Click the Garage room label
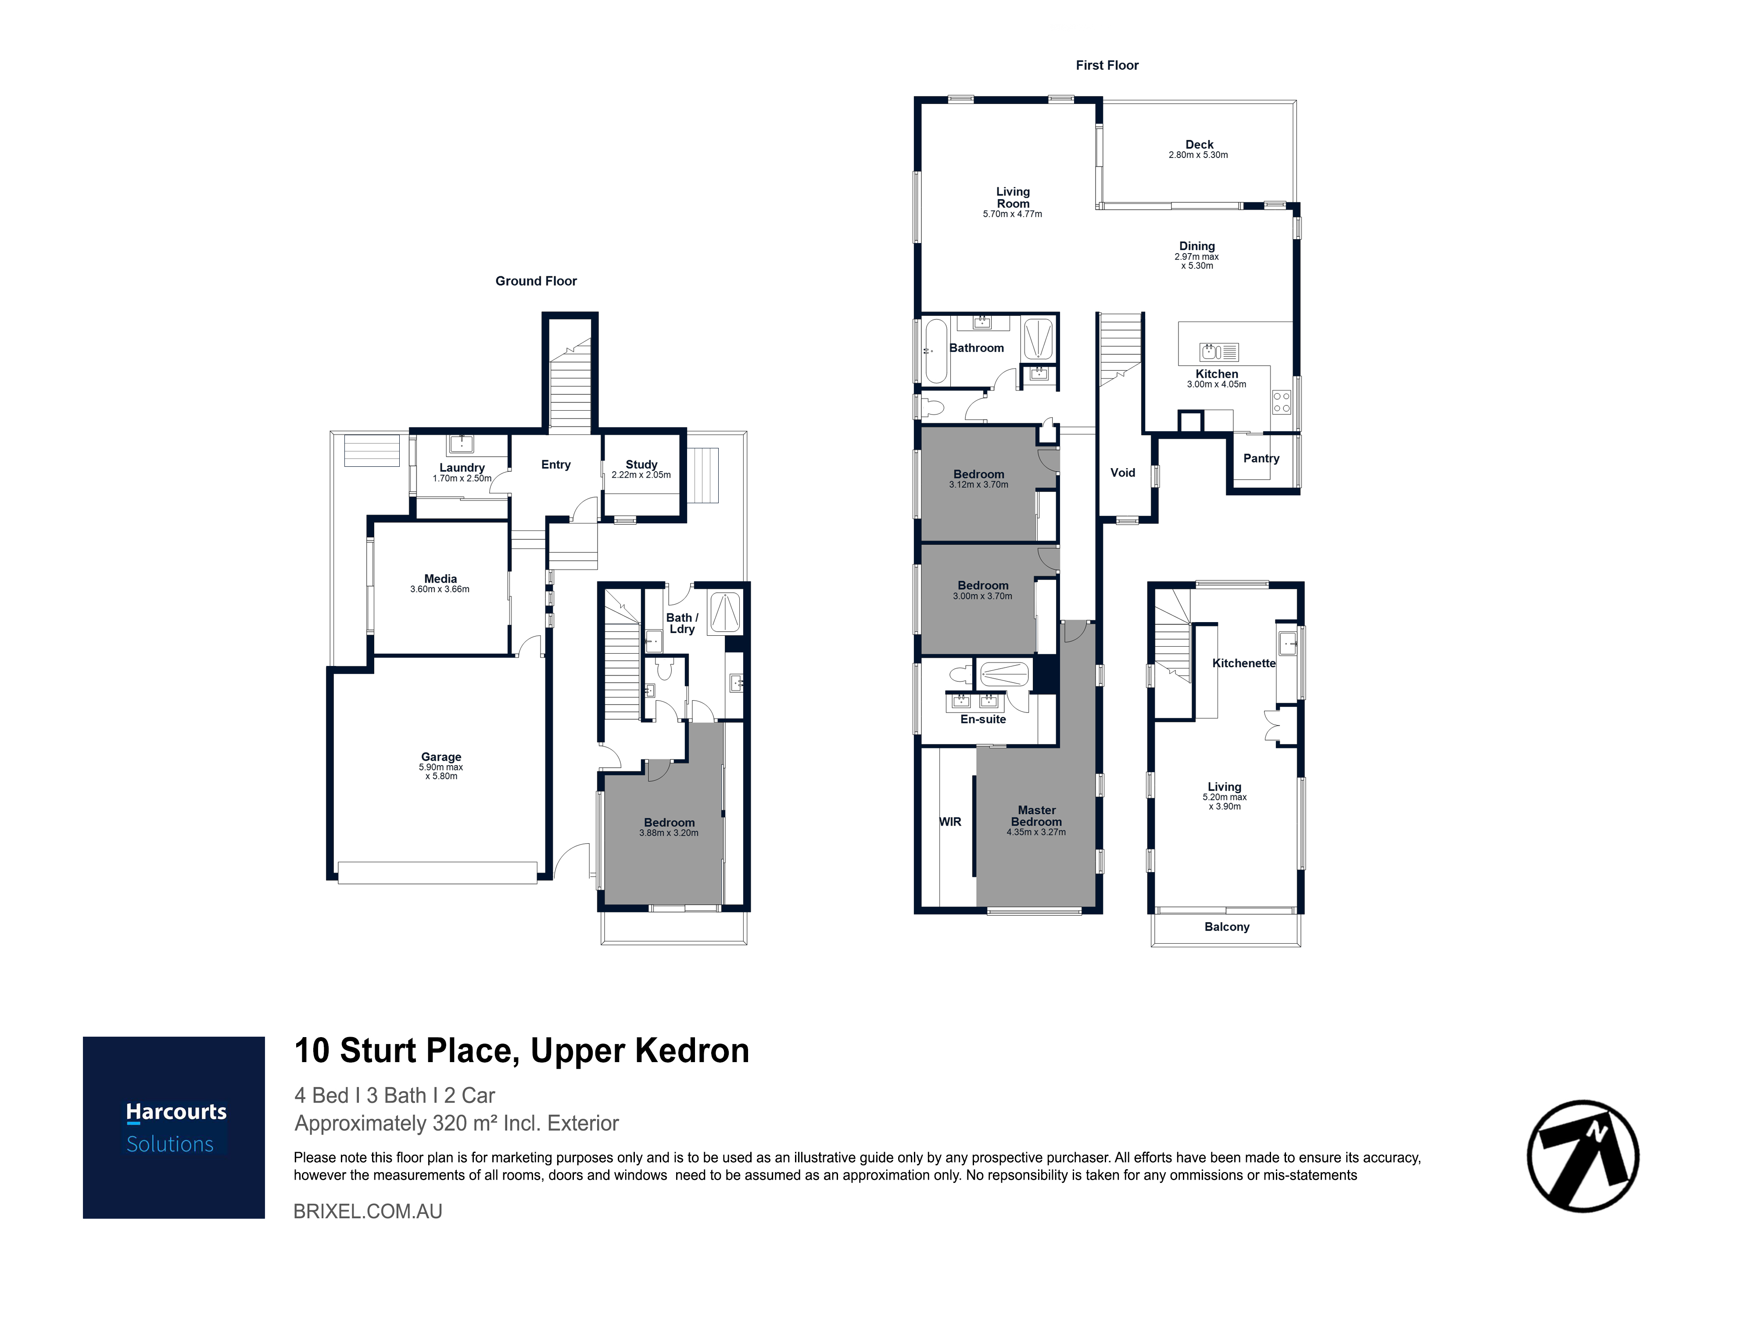click(x=441, y=757)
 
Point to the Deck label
click(x=1199, y=144)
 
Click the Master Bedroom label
click(x=1036, y=816)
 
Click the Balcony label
click(x=1227, y=927)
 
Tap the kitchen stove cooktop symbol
click(x=1281, y=402)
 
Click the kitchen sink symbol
click(x=1219, y=351)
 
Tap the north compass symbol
click(x=1583, y=1155)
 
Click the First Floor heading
click(x=1107, y=65)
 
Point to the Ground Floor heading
click(x=536, y=281)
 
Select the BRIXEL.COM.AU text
click(x=368, y=1211)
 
